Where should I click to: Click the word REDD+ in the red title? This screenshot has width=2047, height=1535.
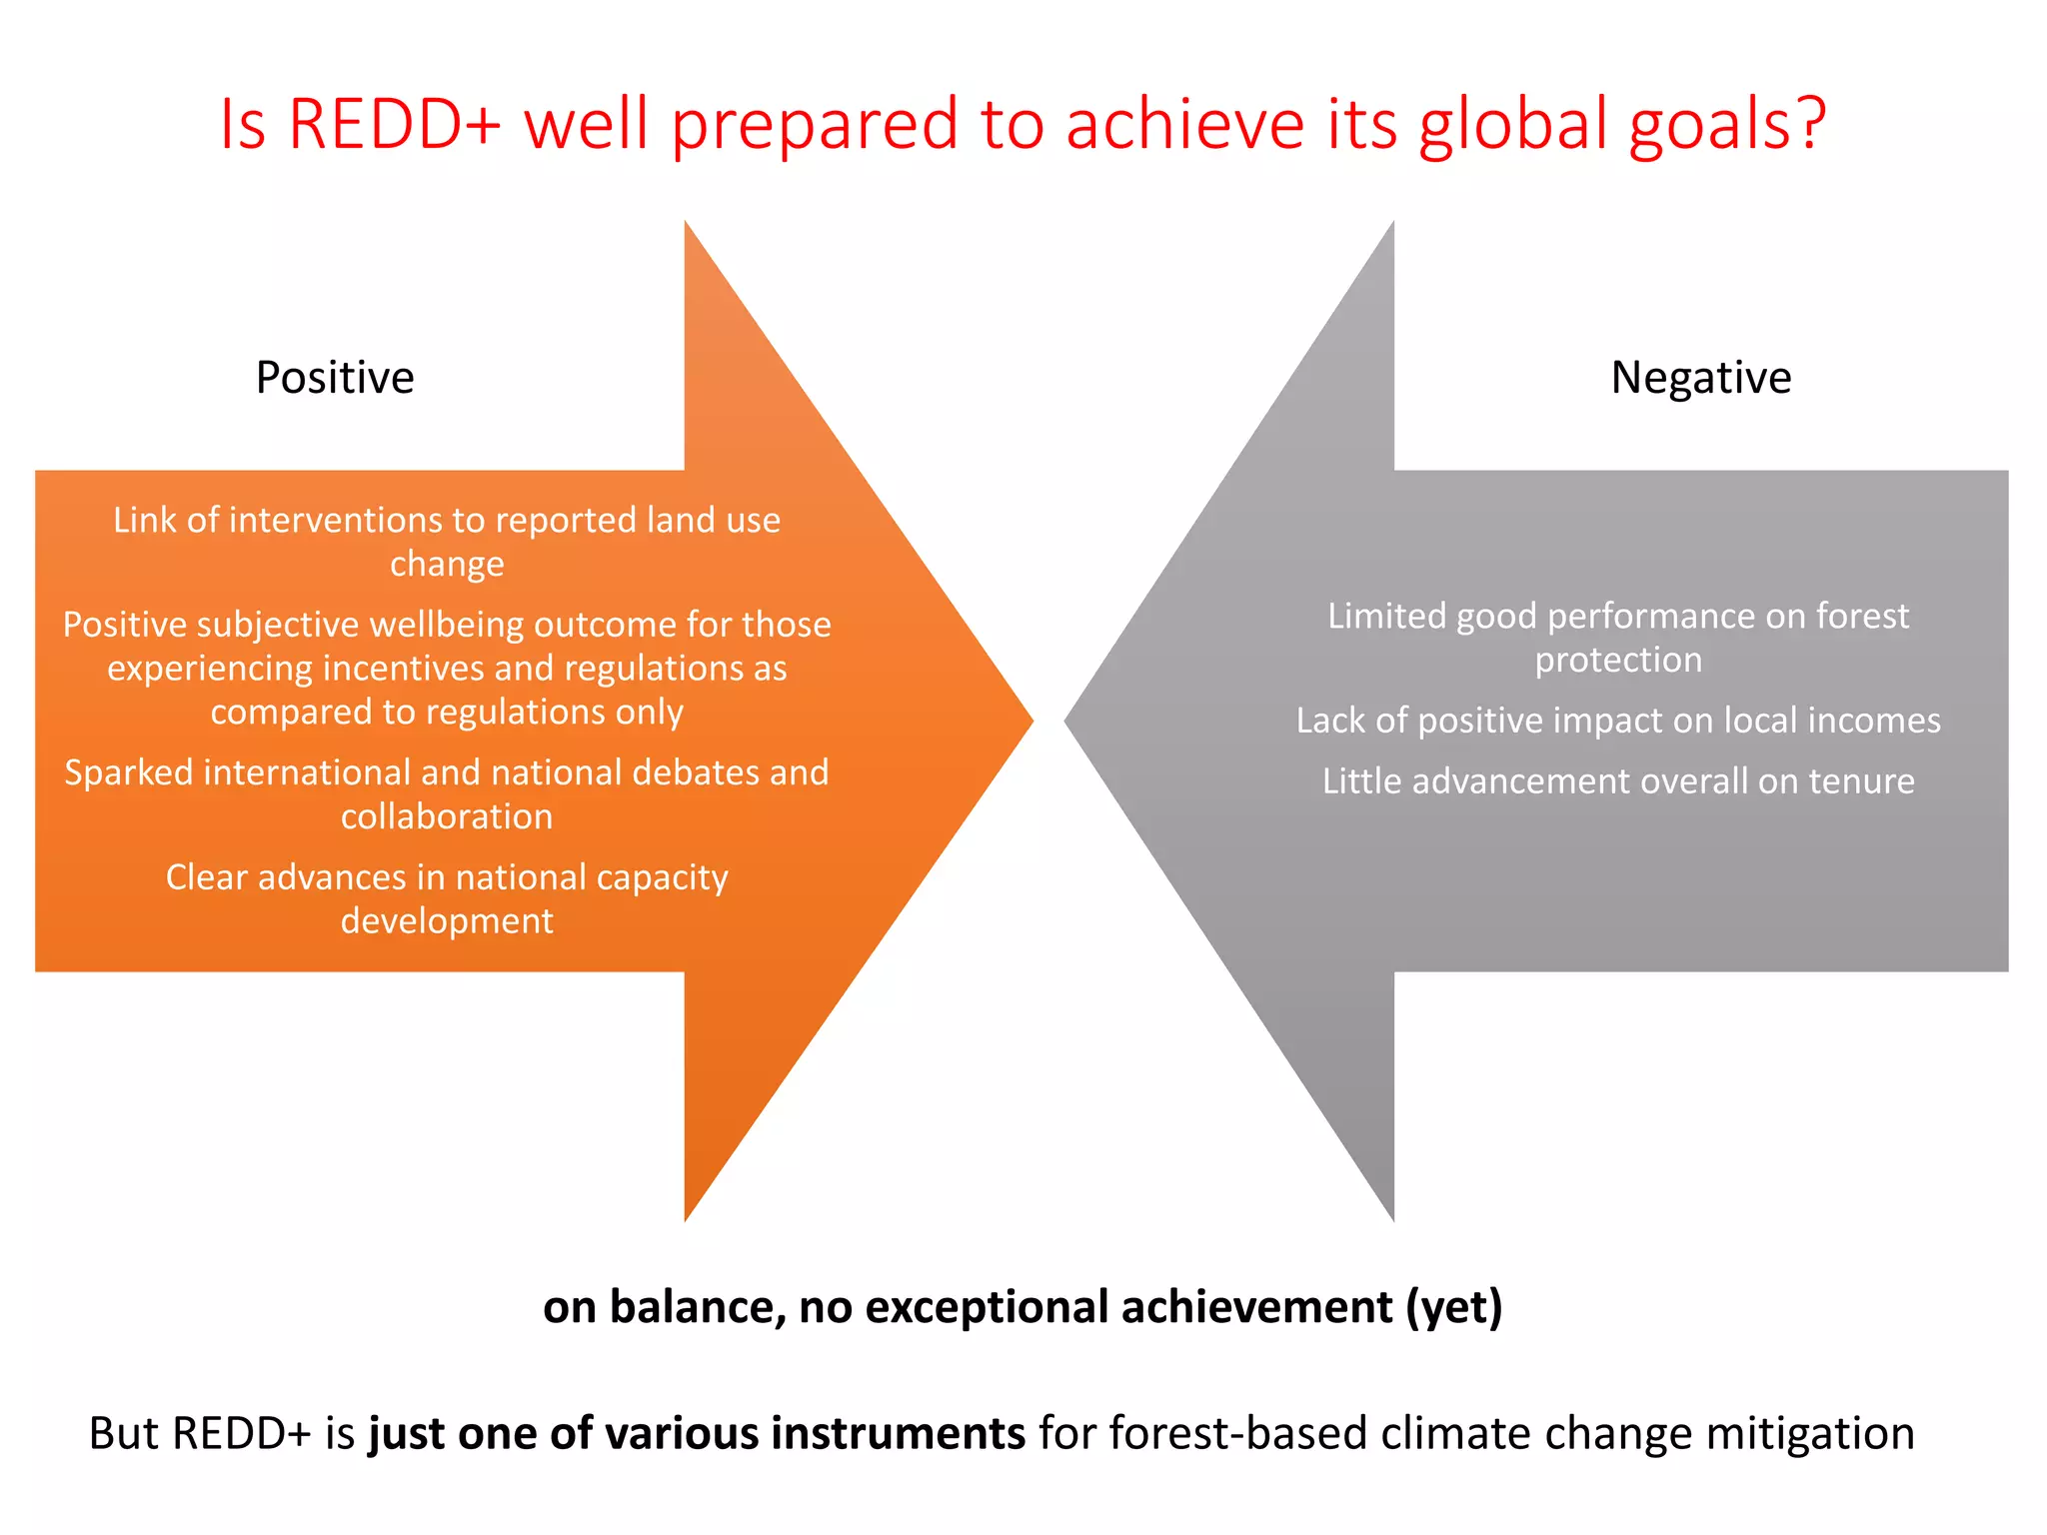click(394, 124)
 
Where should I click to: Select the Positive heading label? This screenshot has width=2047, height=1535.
click(335, 378)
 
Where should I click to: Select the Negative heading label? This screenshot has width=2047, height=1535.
click(1701, 378)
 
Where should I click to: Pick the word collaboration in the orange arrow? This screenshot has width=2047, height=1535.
click(447, 816)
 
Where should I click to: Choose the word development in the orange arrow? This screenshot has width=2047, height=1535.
click(447, 920)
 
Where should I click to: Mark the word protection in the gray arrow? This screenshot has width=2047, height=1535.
click(1618, 661)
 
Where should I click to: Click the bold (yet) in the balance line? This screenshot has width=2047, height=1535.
click(1454, 1307)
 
